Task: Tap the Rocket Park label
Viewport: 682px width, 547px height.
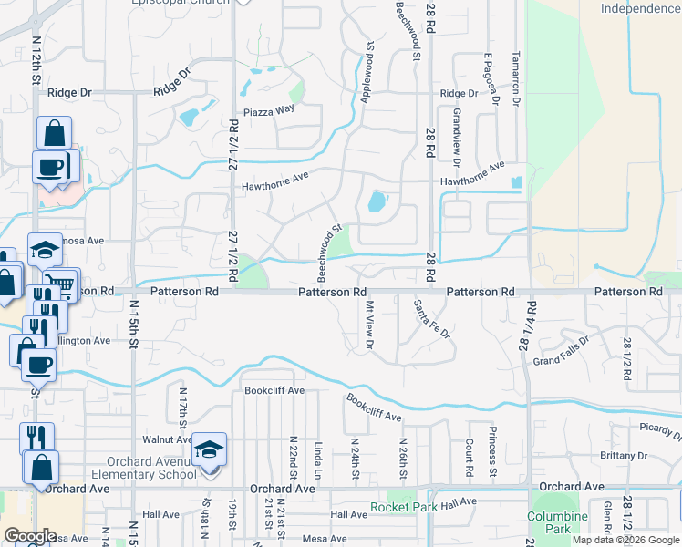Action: [x=398, y=507]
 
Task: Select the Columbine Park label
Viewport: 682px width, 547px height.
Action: [x=552, y=522]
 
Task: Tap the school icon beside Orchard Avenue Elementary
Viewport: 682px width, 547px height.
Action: [x=210, y=449]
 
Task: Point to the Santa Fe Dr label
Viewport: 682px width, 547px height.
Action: [x=432, y=319]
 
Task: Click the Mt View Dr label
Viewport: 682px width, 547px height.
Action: [x=369, y=325]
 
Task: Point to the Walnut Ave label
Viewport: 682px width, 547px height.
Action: [x=160, y=439]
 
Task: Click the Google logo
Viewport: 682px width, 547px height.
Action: [x=30, y=536]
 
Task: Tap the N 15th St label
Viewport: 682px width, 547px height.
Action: [x=133, y=319]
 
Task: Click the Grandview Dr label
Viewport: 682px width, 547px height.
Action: [x=455, y=129]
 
